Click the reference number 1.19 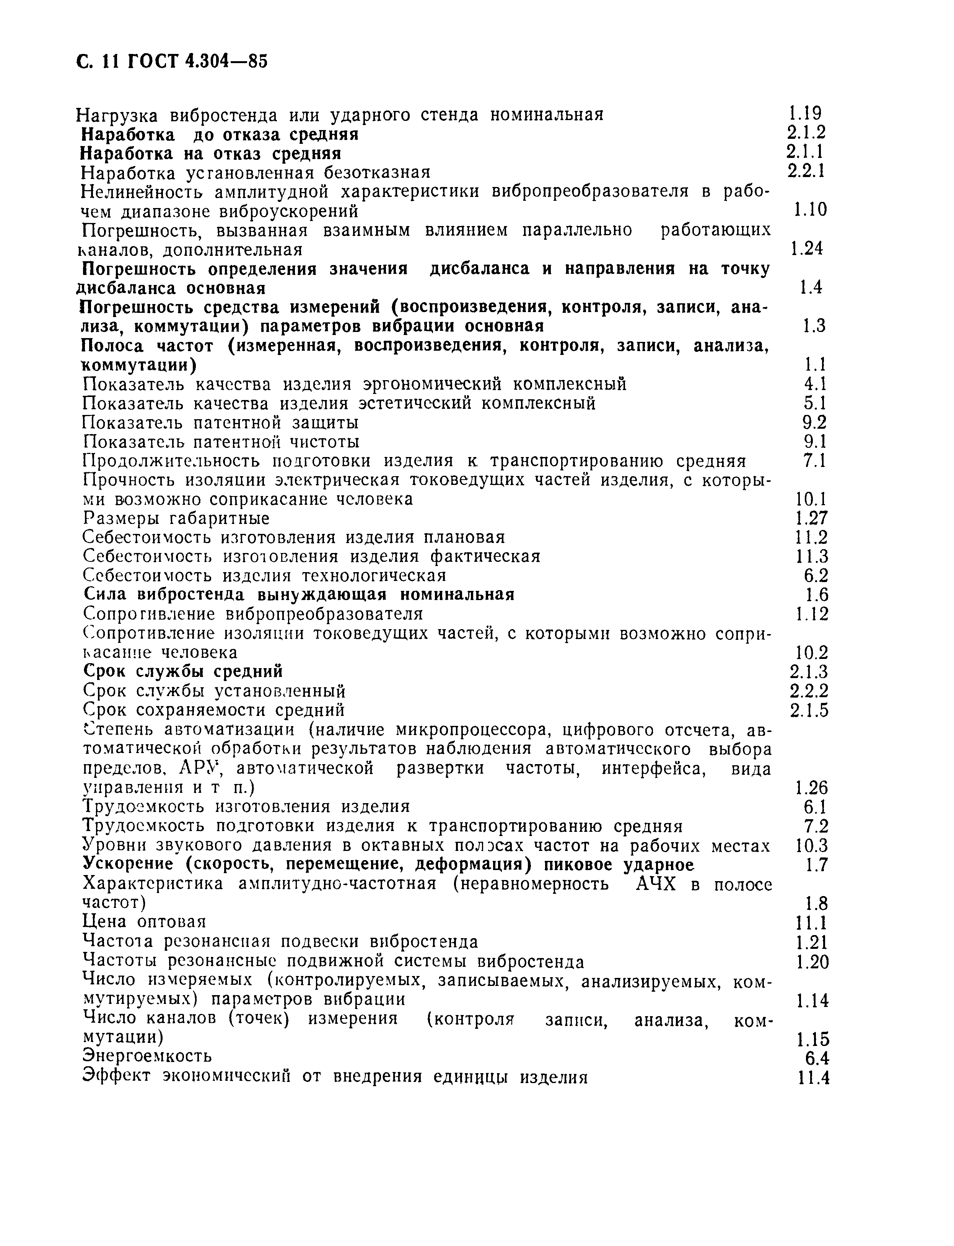click(805, 114)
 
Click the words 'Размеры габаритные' click(176, 518)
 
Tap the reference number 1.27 click(811, 518)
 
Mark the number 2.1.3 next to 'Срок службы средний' click(809, 672)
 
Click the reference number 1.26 click(811, 787)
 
